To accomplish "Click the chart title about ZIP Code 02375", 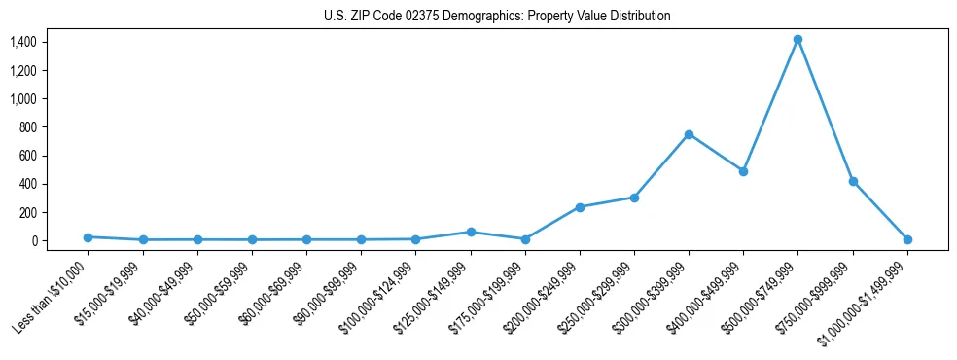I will [497, 17].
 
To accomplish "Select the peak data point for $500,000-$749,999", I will [797, 40].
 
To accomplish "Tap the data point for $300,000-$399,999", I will [689, 134].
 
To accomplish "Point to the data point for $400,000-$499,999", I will [743, 171].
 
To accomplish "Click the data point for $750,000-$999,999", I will [853, 181].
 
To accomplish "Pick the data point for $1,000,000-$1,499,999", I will [907, 239].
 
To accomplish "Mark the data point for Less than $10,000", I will [89, 237].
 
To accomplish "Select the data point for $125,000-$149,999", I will [471, 233].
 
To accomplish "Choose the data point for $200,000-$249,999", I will [580, 207].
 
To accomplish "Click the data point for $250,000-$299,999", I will [634, 198].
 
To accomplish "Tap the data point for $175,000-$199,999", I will [525, 239].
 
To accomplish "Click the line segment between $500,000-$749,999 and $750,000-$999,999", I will [825, 110].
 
